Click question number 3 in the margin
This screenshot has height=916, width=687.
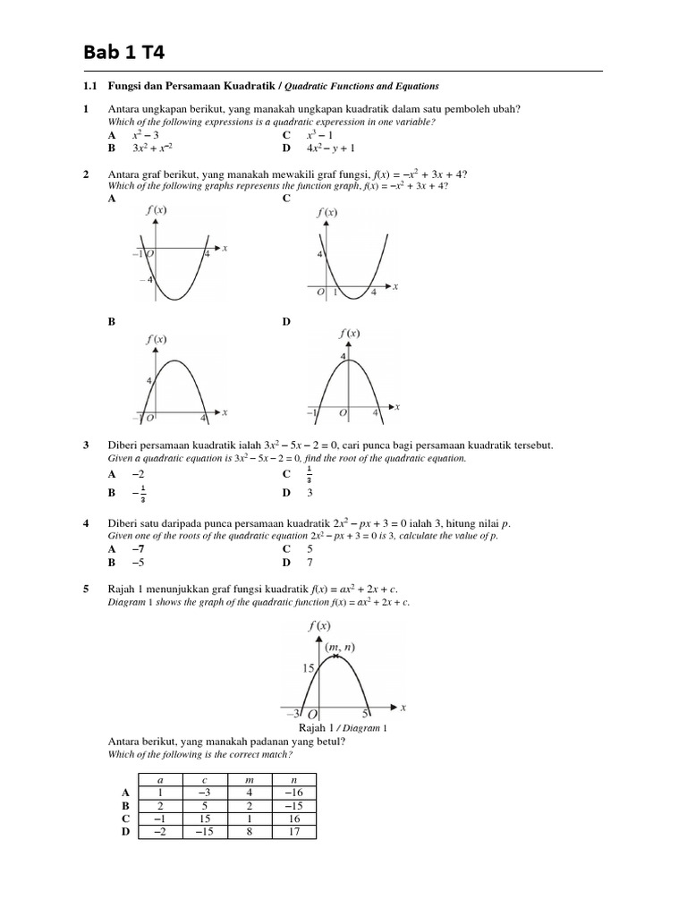[86, 445]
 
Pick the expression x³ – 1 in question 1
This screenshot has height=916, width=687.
[319, 134]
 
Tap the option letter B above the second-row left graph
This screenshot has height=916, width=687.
[112, 321]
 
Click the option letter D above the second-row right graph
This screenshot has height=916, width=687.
[287, 321]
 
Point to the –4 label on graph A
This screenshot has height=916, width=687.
[142, 280]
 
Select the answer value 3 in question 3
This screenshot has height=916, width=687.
[310, 492]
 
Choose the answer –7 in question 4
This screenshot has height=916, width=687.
[137, 548]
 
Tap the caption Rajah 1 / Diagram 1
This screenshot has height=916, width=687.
[343, 728]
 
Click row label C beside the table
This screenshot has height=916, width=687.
[126, 818]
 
